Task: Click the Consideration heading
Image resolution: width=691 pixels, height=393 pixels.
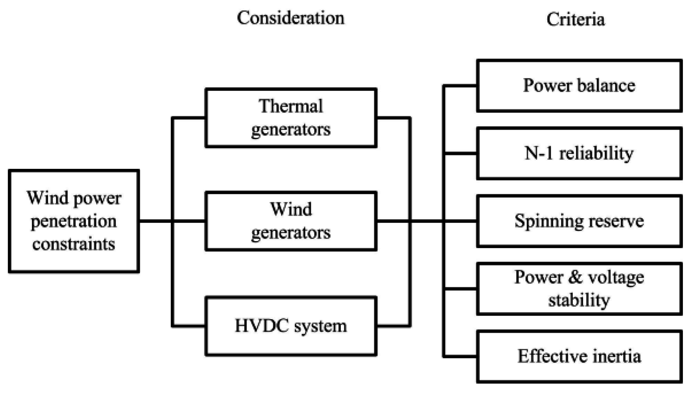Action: pyautogui.click(x=291, y=18)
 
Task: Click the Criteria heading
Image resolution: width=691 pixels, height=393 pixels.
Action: pyautogui.click(x=575, y=19)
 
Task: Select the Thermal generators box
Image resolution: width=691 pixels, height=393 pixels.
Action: pyautogui.click(x=291, y=118)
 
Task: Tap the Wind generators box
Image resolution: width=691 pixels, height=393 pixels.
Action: pyautogui.click(x=291, y=221)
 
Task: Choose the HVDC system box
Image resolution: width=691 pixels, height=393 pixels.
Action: pyautogui.click(x=291, y=326)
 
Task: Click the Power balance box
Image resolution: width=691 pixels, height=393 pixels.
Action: pyautogui.click(x=579, y=86)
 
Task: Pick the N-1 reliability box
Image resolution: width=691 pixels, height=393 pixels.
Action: pyautogui.click(x=579, y=153)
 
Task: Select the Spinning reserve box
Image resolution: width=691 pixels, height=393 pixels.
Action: pyautogui.click(x=579, y=221)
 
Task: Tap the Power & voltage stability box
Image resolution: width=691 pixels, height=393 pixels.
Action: pyautogui.click(x=579, y=289)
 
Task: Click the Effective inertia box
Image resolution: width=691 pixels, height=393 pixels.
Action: pyautogui.click(x=579, y=356)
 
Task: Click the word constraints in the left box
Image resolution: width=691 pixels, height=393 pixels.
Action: pyautogui.click(x=73, y=244)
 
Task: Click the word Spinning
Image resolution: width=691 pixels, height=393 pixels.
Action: pyautogui.click(x=549, y=221)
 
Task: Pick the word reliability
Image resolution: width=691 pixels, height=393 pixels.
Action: pyautogui.click(x=596, y=153)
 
